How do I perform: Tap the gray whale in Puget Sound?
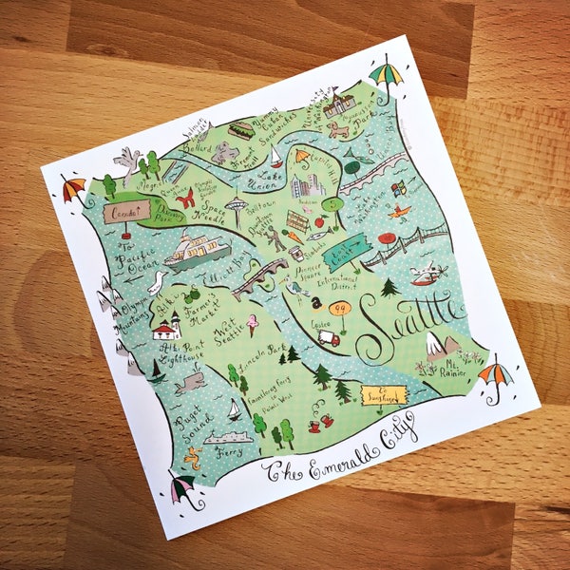point(189,382)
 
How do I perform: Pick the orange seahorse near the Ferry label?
point(195,460)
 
